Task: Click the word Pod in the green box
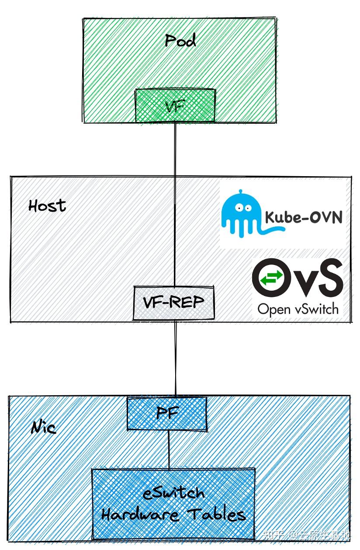(180, 41)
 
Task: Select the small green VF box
(175, 105)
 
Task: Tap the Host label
(47, 205)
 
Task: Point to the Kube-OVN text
(303, 217)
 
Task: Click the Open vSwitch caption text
(298, 309)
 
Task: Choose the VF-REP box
(174, 302)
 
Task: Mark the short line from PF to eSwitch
(169, 450)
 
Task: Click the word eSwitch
(174, 493)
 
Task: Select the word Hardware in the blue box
(140, 515)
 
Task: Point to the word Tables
(218, 514)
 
